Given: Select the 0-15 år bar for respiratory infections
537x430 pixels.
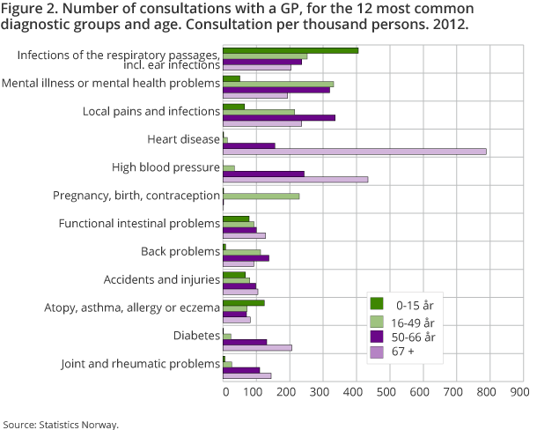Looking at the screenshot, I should [291, 50].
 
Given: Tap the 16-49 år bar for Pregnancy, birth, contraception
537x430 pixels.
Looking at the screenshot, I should [261, 196].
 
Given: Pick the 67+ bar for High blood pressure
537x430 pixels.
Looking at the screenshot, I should [295, 180].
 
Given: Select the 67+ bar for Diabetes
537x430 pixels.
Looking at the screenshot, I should [257, 348].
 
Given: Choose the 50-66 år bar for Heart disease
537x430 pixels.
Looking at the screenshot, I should [249, 145].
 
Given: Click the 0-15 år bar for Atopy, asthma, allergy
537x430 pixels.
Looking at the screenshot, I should [244, 302].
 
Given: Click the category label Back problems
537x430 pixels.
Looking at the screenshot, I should [180, 252].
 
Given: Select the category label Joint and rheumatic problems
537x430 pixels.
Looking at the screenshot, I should [140, 364].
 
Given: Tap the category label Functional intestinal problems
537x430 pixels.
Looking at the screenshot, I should [139, 224].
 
